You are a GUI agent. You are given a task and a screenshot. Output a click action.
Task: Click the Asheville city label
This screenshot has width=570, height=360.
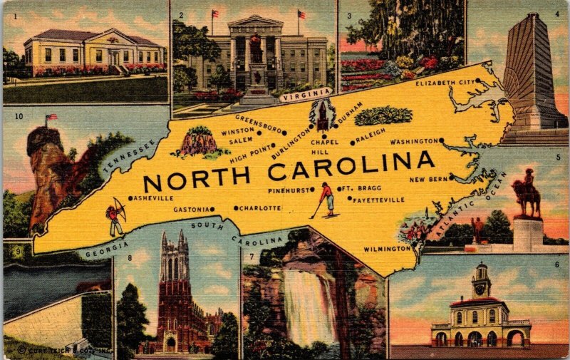click(152, 198)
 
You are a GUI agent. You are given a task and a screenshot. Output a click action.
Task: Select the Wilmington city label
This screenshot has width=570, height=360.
click(388, 249)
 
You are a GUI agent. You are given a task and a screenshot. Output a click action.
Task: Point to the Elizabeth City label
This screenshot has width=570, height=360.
click(445, 82)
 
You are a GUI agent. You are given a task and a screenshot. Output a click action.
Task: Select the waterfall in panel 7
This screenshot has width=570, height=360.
click(309, 307)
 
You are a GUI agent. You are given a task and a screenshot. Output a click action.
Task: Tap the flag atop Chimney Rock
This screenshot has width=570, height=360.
click(51, 117)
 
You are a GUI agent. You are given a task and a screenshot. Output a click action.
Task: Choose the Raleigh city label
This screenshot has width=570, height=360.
click(370, 132)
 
